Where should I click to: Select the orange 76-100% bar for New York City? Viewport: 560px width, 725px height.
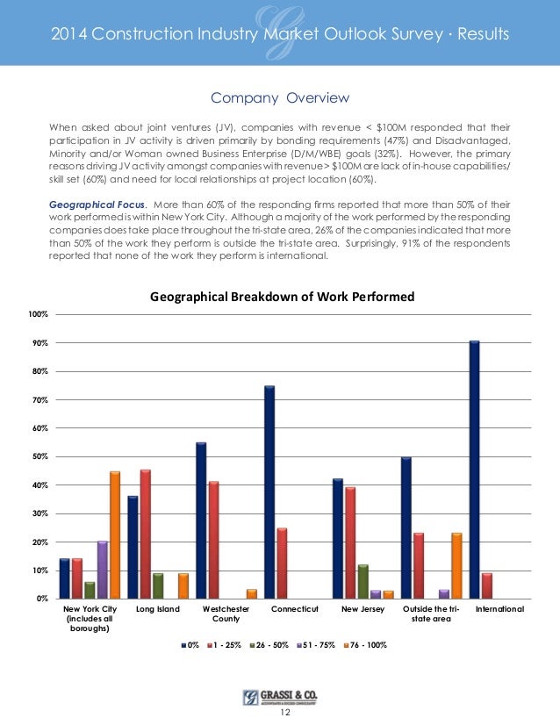pos(115,535)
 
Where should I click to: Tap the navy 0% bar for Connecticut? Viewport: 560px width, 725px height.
pos(269,492)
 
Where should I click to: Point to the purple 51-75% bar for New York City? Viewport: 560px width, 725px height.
pos(103,571)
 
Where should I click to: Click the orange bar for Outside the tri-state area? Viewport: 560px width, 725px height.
pos(456,565)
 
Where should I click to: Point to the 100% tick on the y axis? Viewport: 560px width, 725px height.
pos(39,314)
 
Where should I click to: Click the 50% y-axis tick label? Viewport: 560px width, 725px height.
pos(40,456)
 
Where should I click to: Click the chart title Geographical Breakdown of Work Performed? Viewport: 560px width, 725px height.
pos(282,297)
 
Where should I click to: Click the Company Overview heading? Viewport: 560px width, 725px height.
pos(280,97)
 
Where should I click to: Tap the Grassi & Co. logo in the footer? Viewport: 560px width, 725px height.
pos(280,697)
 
